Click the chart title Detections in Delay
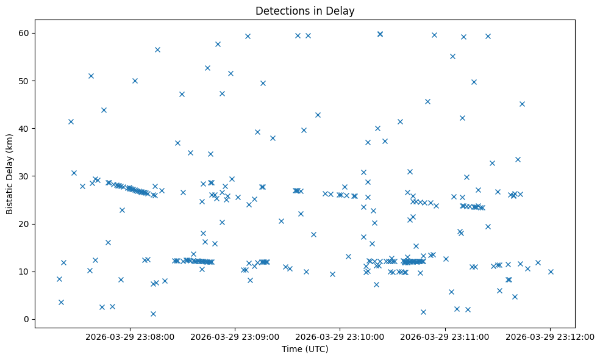coord(305,11)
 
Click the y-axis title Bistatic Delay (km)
coord(9,174)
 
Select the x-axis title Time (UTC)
coord(305,349)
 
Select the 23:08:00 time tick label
coord(130,336)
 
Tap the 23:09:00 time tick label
coord(235,336)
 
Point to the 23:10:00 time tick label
coord(340,336)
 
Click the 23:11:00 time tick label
coord(445,336)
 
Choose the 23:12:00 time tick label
coord(550,336)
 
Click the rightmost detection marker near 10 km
coord(551,272)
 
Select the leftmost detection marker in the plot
coord(59,279)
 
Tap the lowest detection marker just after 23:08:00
coord(153,314)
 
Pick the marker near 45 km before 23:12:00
coord(522,104)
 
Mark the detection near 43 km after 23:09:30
coord(318,115)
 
